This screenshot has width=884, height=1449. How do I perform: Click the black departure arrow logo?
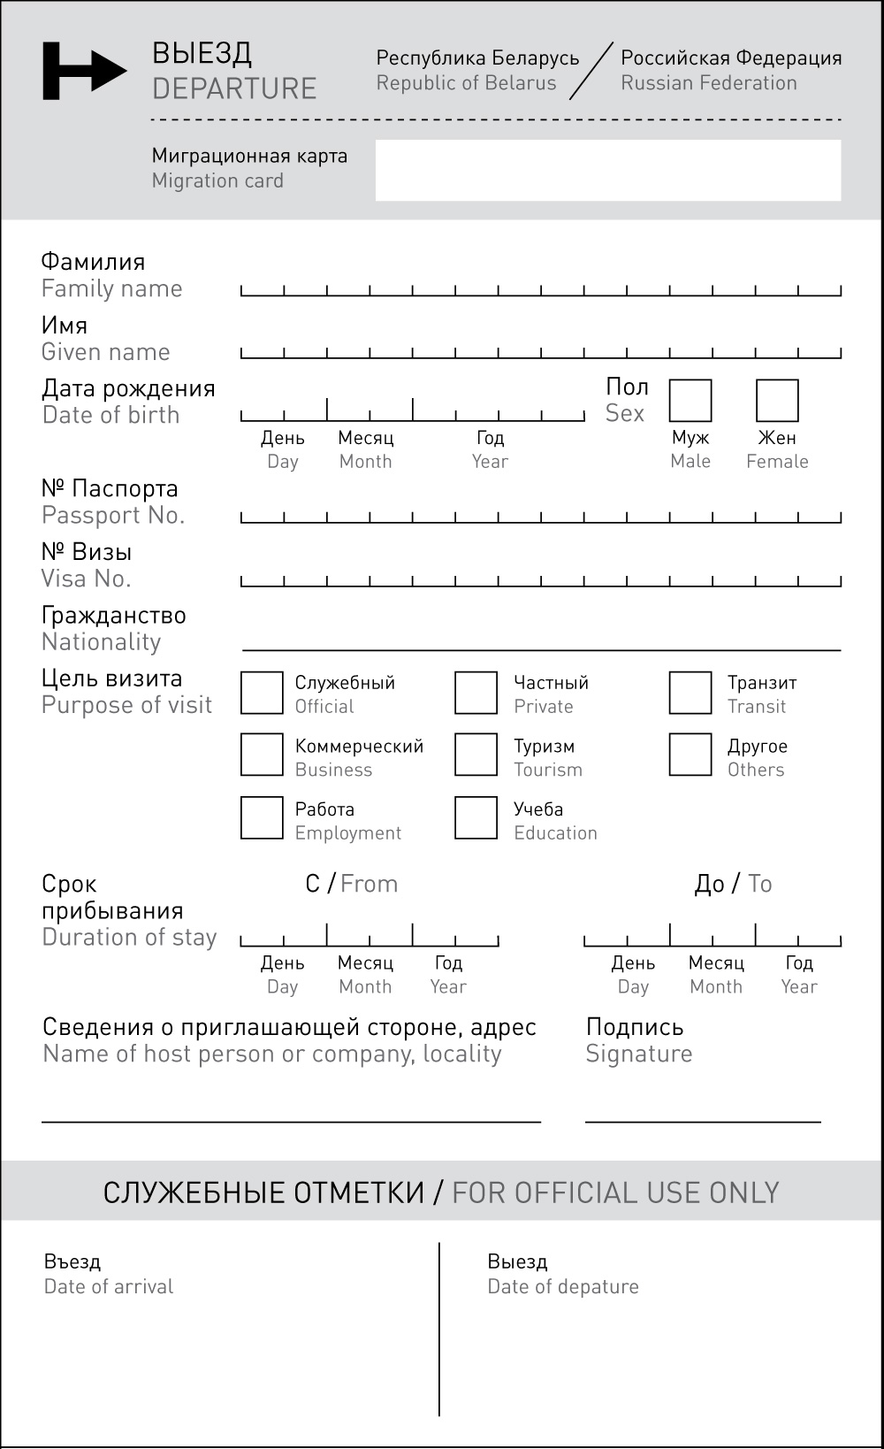coord(84,71)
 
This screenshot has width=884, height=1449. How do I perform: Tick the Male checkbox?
coord(690,401)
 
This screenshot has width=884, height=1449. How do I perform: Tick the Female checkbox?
coord(777,401)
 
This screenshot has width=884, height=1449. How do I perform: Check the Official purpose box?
coord(262,693)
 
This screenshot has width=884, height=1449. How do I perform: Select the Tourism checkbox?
coord(476,755)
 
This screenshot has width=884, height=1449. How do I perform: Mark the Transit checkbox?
coord(690,693)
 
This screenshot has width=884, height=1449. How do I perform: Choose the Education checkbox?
coord(476,817)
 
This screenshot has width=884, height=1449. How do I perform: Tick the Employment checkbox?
coord(262,817)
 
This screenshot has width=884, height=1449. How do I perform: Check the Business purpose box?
coord(262,755)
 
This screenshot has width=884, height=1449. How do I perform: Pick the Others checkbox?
coord(690,755)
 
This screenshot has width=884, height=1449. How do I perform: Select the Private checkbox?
coord(476,693)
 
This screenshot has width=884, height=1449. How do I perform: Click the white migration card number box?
coord(608,170)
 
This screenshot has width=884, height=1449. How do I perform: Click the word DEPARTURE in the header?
coord(234,88)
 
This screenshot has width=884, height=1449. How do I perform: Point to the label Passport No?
coord(113,515)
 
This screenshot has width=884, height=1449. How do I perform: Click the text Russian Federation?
coord(709,83)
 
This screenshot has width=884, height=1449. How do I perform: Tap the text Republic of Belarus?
coord(466,83)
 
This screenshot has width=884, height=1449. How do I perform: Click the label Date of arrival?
coord(109,1286)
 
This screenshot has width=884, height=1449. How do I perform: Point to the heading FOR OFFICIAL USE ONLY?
coord(615,1192)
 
